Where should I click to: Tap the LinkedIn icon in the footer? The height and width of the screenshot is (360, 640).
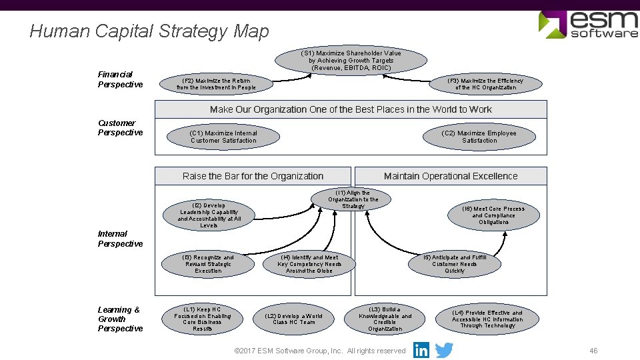tap(421, 350)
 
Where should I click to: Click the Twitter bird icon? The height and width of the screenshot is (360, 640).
tap(444, 350)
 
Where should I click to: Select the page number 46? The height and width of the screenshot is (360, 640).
tap(593, 351)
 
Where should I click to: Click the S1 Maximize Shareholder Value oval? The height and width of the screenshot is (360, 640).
tap(351, 61)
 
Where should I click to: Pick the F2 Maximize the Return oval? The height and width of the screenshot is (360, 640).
tap(216, 84)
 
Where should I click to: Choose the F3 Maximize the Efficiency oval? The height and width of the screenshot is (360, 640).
tap(485, 84)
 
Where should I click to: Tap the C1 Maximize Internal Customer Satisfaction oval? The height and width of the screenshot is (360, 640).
tap(223, 137)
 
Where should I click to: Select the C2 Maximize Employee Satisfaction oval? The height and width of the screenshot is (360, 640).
tap(479, 137)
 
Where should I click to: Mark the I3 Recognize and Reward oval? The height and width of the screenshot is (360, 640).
tap(208, 264)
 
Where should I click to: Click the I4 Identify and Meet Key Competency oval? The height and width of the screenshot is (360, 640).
tap(309, 264)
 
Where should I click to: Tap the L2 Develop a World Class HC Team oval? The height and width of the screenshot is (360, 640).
tap(293, 319)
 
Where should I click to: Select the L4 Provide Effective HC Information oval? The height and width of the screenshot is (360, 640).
tap(487, 319)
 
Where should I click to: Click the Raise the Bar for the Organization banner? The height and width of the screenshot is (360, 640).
tap(253, 176)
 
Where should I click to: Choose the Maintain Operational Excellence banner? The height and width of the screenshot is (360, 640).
tap(451, 176)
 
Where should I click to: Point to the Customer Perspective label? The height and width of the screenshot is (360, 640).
tap(120, 127)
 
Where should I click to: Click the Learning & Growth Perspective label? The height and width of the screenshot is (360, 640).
tap(120, 319)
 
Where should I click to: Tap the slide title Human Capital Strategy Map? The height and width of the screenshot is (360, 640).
tap(149, 31)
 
